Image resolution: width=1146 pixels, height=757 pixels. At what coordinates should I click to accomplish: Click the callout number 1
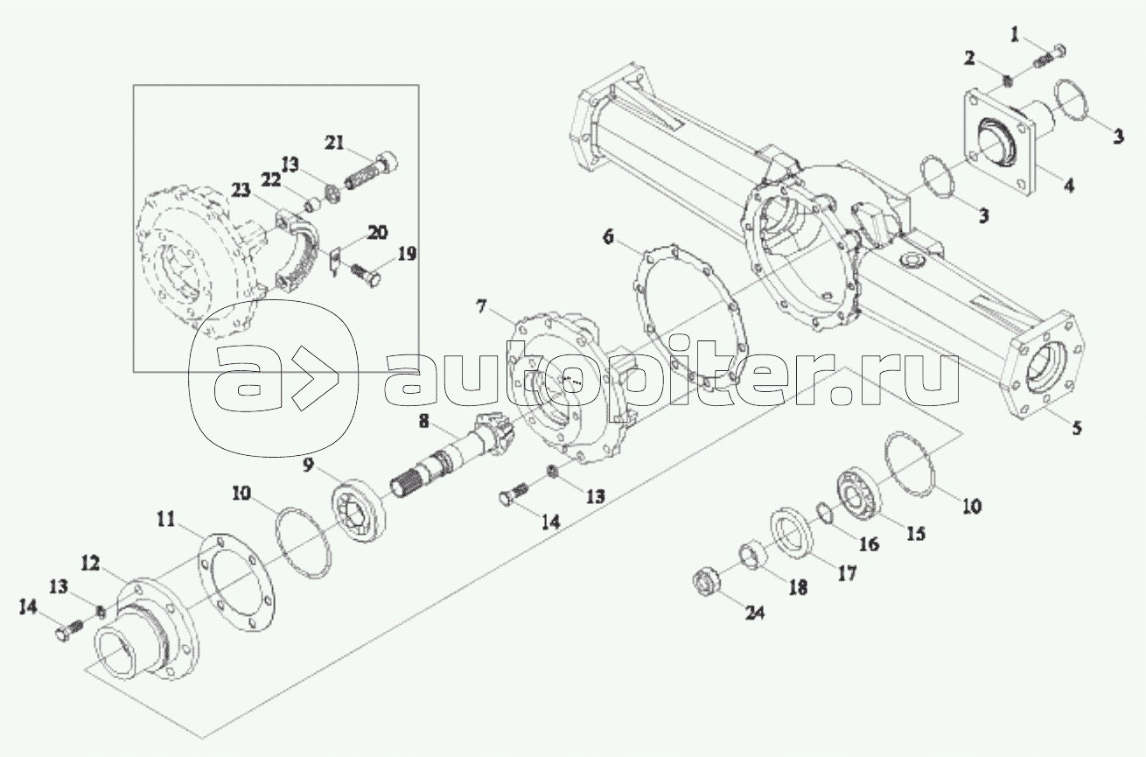click(1015, 34)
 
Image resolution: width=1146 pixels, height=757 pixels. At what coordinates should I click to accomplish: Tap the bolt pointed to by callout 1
click(1052, 55)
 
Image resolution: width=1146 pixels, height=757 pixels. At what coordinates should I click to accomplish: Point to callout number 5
click(1077, 428)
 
